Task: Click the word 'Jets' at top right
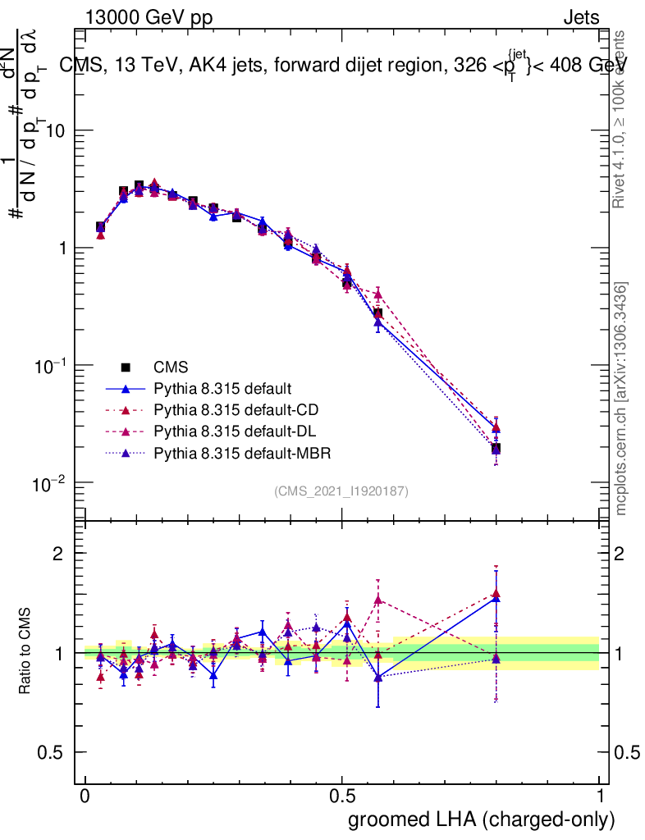click(x=580, y=19)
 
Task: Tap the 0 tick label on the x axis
click(x=85, y=797)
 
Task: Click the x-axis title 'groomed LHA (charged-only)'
click(x=482, y=819)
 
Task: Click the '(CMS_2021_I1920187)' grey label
click(x=341, y=491)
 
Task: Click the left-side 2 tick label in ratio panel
click(x=58, y=554)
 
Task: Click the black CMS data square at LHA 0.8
click(x=496, y=449)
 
